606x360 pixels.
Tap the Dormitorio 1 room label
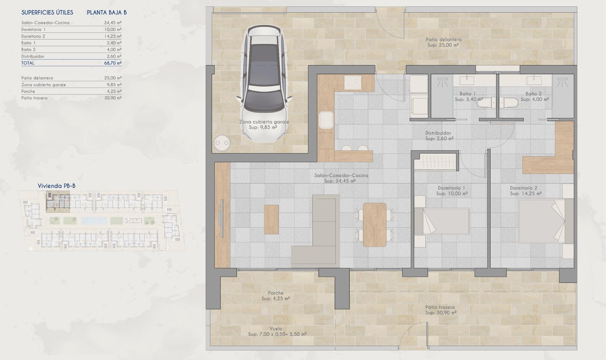pos(451,188)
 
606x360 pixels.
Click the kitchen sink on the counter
pos(326,120)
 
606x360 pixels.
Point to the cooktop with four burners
pos(353,82)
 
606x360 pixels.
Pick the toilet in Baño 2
pos(511,103)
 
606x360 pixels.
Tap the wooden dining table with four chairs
pos(375,225)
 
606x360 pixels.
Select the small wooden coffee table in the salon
pos(271,219)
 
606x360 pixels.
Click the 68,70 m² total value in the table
pos(113,63)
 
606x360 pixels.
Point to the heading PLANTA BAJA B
pos(107,13)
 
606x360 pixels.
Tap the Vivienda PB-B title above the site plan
pos(56,186)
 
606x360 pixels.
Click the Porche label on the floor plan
pos(276,293)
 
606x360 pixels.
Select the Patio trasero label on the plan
pos(440,307)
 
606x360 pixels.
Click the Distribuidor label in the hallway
pos(438,133)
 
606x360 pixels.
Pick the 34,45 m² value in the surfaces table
pos(113,23)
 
